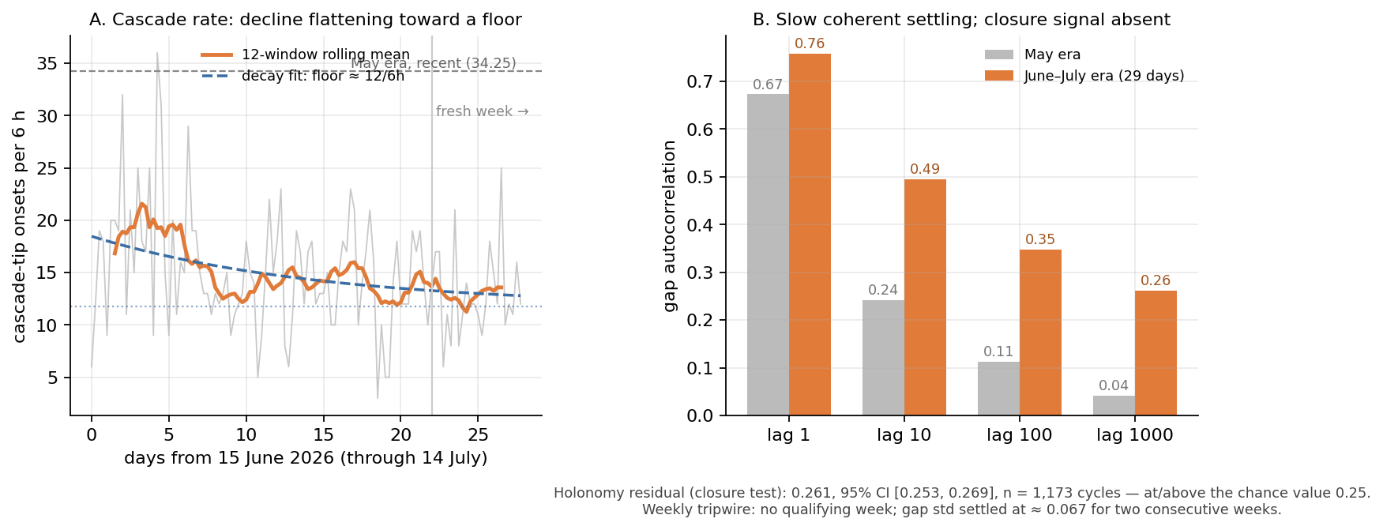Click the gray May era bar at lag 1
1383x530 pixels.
768,255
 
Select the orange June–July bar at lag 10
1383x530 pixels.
925,298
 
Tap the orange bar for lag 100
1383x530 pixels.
1040,333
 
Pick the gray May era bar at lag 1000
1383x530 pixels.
1114,406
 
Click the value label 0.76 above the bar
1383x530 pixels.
810,44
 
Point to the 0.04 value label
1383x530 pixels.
1114,386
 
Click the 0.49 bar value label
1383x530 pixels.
925,170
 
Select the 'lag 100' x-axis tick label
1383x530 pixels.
1020,435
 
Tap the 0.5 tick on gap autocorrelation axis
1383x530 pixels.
701,177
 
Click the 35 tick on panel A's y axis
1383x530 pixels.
48,64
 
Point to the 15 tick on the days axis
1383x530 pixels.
323,435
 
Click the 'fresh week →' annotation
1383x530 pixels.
483,112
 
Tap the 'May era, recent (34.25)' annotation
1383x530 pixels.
434,64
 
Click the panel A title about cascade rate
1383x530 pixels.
306,20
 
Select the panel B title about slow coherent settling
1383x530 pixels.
961,20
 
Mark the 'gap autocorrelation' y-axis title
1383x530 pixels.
670,226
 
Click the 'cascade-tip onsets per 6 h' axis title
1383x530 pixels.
20,226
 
